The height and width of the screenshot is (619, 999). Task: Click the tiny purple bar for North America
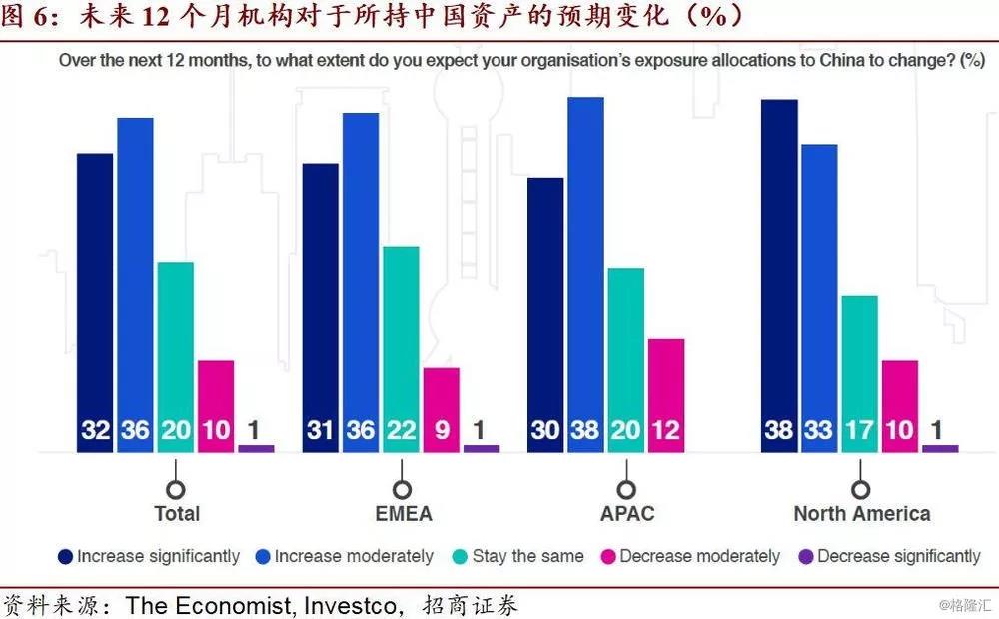click(x=940, y=448)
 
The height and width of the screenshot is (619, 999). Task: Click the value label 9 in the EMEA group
click(x=441, y=431)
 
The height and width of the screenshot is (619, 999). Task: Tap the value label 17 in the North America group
click(x=859, y=431)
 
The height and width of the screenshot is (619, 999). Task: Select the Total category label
click(x=177, y=514)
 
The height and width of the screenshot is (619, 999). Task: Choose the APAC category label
click(x=625, y=514)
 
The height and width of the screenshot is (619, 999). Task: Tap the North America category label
click(x=861, y=514)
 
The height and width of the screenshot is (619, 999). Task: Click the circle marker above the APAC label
click(x=625, y=490)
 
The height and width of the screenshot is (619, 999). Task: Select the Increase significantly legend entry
click(x=150, y=556)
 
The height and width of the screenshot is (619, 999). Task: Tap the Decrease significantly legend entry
click(x=889, y=556)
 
